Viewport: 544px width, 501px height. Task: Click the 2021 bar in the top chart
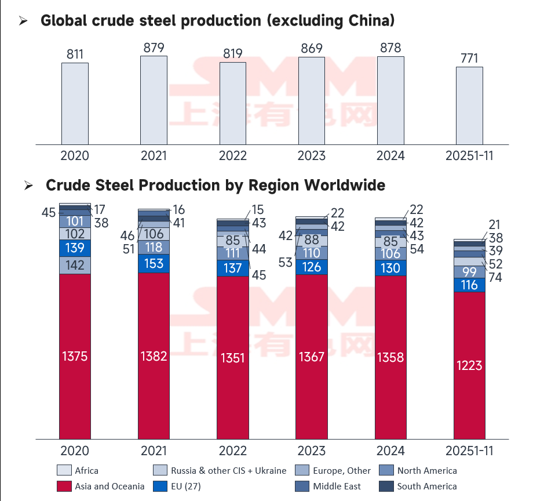point(154,100)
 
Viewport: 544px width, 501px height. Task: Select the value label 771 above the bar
point(469,57)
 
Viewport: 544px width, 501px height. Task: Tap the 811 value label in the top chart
point(75,55)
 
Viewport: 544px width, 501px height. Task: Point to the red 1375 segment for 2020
point(75,356)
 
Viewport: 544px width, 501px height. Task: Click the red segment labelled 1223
point(469,365)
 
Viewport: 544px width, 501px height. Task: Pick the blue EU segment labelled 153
point(154,263)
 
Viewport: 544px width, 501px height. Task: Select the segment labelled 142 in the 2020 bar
point(75,265)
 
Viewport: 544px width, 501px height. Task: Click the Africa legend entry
point(78,470)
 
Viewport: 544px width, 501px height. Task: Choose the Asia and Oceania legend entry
point(101,486)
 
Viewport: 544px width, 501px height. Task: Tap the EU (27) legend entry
point(177,486)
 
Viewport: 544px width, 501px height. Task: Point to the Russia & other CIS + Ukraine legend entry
point(220,470)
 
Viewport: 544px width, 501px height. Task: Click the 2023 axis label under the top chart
point(312,156)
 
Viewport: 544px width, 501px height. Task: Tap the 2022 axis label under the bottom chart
point(233,451)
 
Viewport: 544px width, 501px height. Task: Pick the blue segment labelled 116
point(469,285)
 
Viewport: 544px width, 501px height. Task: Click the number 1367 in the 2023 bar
point(312,356)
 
